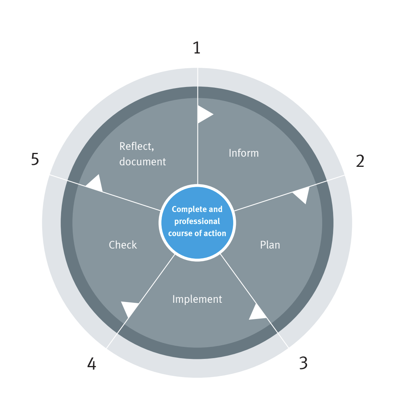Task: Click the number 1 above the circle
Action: coord(196,48)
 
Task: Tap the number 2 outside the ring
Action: coord(360,161)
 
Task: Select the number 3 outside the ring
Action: coord(303,363)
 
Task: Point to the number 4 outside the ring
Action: coord(92,364)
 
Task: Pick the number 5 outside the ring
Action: coord(35,159)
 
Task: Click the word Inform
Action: coord(244,153)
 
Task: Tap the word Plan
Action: coord(270,245)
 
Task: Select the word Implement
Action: coord(197,299)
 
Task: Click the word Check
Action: coord(123,245)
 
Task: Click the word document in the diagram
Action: coord(142,162)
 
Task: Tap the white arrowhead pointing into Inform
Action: coord(204,114)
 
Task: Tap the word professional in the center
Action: coord(197,221)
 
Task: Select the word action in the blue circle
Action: coord(215,233)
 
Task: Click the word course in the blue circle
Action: coord(180,233)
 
